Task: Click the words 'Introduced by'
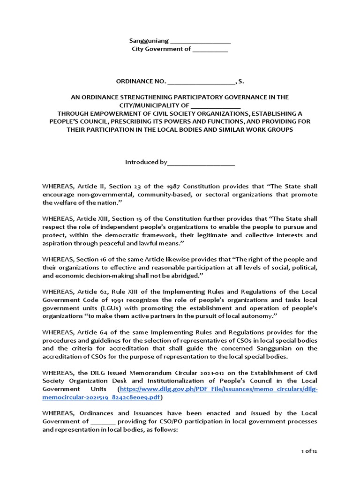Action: pyautogui.click(x=146, y=162)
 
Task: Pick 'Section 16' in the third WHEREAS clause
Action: pyautogui.click(x=91, y=259)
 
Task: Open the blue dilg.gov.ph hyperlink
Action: pyautogui.click(x=219, y=389)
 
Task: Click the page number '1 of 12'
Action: pyautogui.click(x=309, y=451)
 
